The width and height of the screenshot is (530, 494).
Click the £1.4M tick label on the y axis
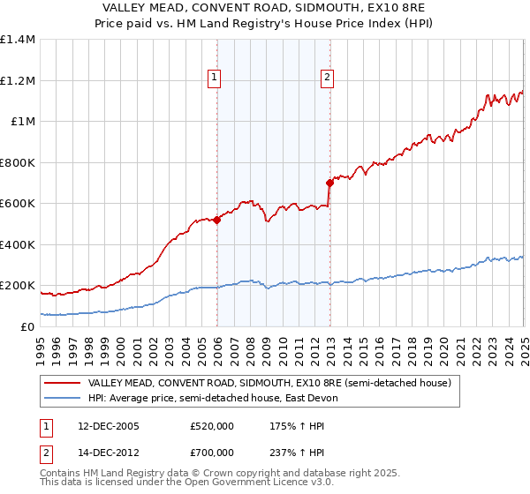tap(18, 40)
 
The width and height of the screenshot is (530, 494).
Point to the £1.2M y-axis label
tap(18, 80)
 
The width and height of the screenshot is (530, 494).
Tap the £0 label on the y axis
tap(26, 326)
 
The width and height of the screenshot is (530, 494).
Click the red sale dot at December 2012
tap(329, 183)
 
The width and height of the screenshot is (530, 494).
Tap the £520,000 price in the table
tap(211, 425)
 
